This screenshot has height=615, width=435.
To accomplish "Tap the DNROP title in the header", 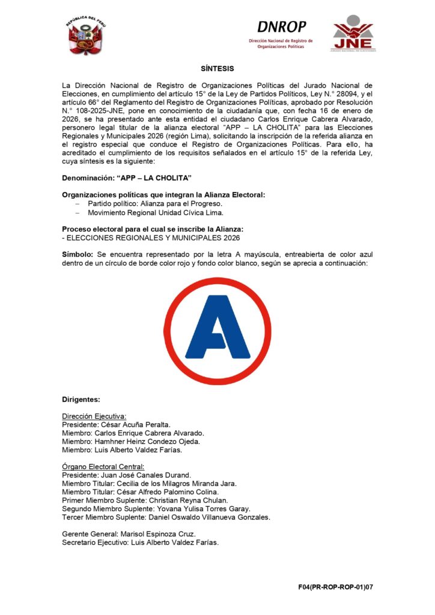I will (x=281, y=27).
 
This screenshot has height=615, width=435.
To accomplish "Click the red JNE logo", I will (x=353, y=34).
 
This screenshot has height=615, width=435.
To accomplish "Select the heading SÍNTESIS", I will (x=217, y=69).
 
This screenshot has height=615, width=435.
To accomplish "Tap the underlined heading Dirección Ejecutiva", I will (x=94, y=416).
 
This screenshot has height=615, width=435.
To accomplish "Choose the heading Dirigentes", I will (x=81, y=399).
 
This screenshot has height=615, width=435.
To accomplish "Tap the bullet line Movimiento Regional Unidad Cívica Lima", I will (x=156, y=213).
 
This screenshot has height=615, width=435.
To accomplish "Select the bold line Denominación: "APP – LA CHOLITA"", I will (x=127, y=179).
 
